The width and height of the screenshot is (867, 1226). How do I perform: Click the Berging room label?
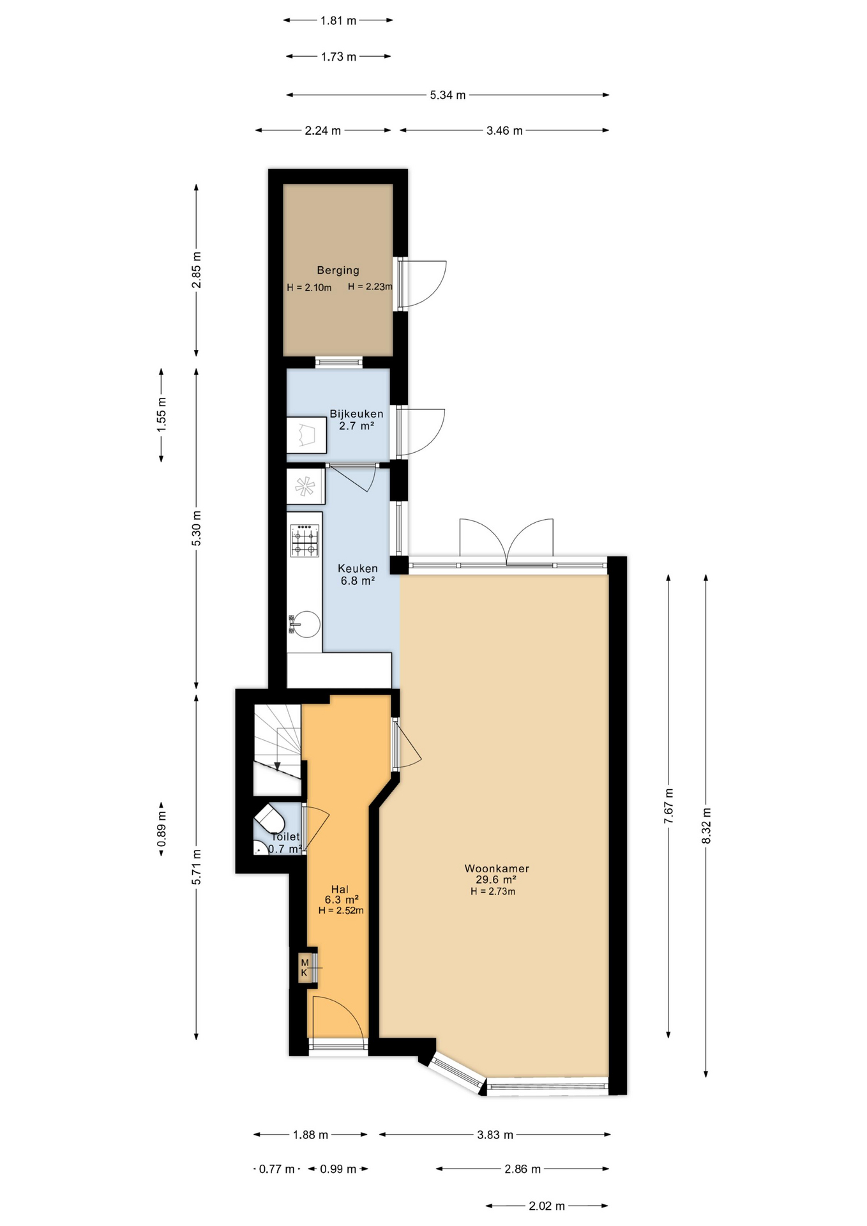click(x=338, y=270)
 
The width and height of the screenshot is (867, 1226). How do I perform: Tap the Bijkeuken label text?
click(x=356, y=414)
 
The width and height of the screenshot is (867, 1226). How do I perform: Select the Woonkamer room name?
click(x=497, y=868)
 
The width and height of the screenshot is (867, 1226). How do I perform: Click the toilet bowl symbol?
click(x=269, y=819)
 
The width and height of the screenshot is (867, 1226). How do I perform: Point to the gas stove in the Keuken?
click(x=305, y=541)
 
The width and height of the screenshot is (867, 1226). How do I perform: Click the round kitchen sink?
click(x=307, y=624)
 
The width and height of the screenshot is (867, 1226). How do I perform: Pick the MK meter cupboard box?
click(x=305, y=967)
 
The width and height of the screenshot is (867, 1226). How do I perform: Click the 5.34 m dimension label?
click(x=448, y=95)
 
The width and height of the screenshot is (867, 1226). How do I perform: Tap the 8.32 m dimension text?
click(x=706, y=826)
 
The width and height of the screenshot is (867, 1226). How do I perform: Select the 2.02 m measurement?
click(x=547, y=1206)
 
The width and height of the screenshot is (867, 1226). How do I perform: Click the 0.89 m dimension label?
click(x=162, y=829)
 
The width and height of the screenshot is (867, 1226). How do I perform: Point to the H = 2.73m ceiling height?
click(x=493, y=891)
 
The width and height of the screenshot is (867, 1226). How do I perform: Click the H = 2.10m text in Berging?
click(x=309, y=287)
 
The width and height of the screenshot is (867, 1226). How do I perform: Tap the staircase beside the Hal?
click(x=278, y=750)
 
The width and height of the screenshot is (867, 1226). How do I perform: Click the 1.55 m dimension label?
click(x=162, y=415)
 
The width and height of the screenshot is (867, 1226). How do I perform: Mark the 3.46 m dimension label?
click(x=504, y=131)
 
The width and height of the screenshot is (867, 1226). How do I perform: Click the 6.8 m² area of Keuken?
click(x=358, y=580)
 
